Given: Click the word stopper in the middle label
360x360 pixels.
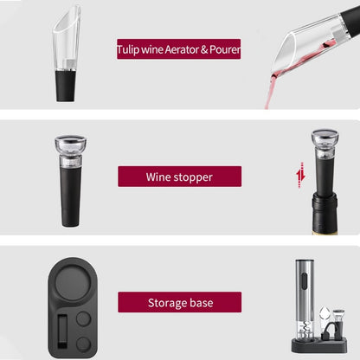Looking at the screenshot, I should pos(191,177).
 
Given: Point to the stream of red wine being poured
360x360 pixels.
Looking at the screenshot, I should pos(271,90).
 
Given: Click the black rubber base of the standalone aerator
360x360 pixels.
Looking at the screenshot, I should pos(67,86).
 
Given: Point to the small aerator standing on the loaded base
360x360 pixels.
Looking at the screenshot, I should pos(338,323).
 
